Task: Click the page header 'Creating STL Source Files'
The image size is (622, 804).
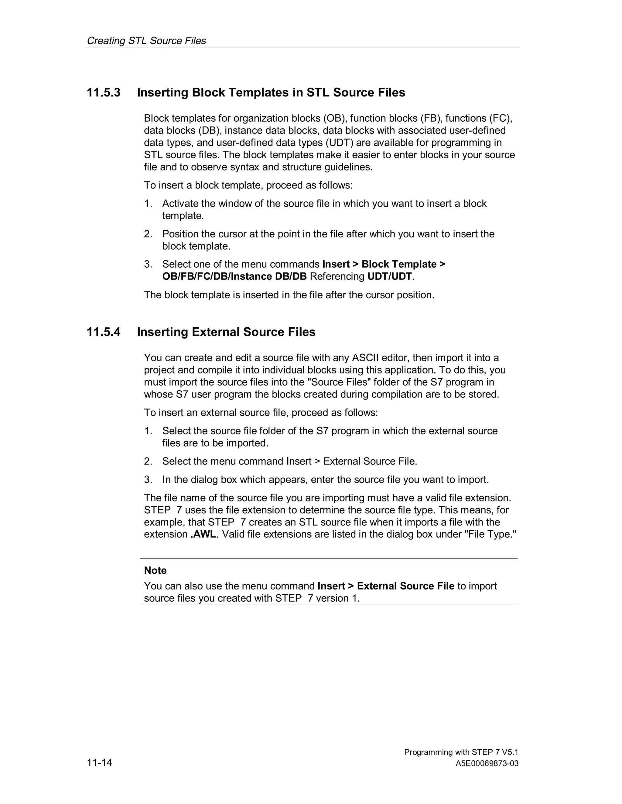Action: tap(146, 40)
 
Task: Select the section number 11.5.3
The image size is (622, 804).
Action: tap(104, 93)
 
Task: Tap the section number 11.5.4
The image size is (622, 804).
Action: tap(104, 332)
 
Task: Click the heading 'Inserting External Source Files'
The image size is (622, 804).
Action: tap(226, 332)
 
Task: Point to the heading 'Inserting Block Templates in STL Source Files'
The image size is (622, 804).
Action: tap(271, 93)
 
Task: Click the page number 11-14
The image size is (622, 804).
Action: tap(100, 762)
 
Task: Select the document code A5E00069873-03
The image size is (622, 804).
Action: tap(487, 764)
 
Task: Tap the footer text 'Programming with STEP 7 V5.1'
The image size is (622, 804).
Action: tap(461, 752)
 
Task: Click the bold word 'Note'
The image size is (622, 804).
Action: tap(155, 570)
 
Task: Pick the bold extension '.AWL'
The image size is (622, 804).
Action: tap(203, 534)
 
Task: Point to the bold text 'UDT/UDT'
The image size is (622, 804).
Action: tap(389, 276)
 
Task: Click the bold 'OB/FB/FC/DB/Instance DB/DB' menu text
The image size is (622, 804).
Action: tap(234, 276)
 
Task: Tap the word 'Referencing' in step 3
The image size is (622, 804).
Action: tap(337, 276)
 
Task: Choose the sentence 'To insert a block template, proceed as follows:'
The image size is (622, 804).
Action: tap(248, 185)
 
